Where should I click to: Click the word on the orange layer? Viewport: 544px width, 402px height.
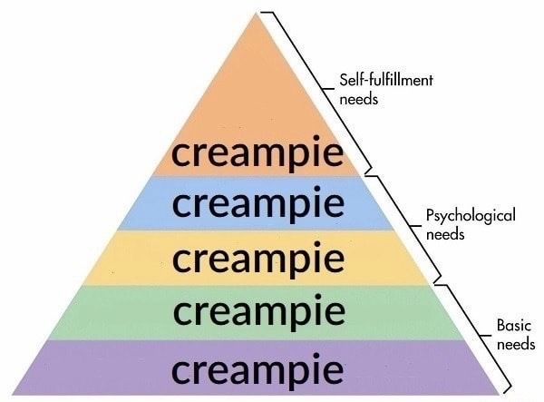point(257,153)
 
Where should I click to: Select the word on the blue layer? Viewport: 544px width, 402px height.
point(258,204)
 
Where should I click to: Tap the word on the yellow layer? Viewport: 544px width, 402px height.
point(258,260)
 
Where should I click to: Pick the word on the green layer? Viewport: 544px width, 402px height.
point(259,312)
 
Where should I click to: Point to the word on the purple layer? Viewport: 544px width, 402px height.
point(257,370)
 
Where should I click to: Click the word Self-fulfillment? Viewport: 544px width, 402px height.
point(386,80)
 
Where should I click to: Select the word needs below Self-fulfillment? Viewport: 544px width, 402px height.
point(359,99)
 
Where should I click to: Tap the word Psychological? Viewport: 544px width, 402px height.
point(471,216)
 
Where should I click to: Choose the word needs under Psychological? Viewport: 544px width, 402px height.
point(445,234)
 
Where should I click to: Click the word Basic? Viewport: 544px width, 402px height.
point(514,325)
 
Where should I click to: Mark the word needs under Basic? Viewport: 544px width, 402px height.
point(516,344)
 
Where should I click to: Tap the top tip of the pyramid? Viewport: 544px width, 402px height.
point(257,14)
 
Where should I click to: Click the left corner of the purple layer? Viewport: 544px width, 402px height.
point(13,395)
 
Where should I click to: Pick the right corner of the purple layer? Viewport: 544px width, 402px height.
point(500,395)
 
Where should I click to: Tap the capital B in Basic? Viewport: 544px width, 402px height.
point(501,325)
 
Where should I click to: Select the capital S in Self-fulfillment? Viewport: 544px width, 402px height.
point(344,80)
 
